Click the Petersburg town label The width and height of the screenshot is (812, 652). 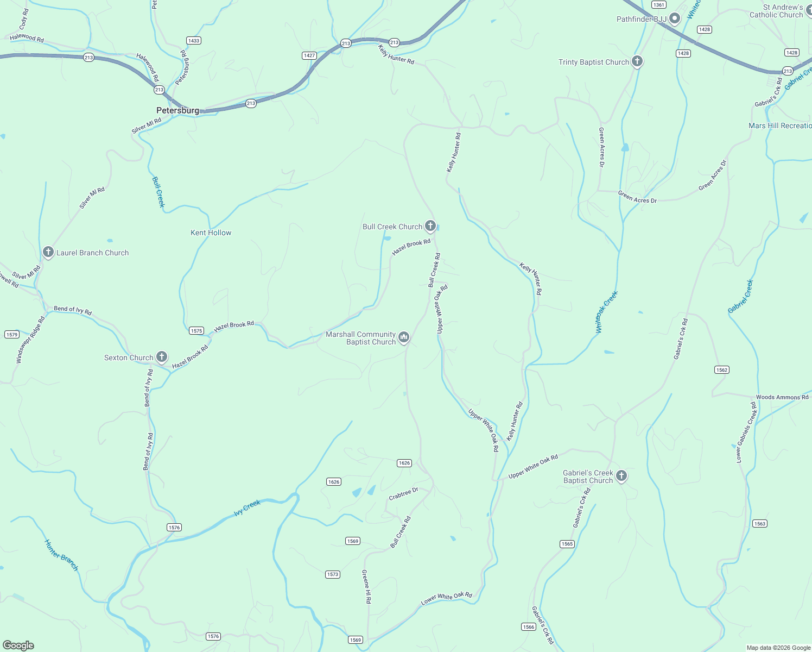click(177, 110)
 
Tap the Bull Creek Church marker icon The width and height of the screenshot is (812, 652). click(430, 226)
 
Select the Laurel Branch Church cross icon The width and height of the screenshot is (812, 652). click(48, 252)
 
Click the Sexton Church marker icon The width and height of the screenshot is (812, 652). click(162, 357)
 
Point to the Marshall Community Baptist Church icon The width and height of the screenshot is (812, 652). click(404, 337)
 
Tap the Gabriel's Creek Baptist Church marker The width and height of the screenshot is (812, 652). click(621, 476)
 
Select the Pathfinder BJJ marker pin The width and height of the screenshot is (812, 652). click(675, 19)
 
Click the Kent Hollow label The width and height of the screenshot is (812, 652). click(211, 233)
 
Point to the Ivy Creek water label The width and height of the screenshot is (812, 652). click(248, 507)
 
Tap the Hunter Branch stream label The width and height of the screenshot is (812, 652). click(61, 555)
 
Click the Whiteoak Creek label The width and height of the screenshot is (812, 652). click(606, 312)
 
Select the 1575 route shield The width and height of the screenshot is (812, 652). click(196, 330)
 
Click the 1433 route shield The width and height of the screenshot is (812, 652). click(193, 41)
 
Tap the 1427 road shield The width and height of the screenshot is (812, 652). click(309, 55)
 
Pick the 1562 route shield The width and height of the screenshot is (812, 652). click(721, 370)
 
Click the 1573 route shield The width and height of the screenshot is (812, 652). click(333, 574)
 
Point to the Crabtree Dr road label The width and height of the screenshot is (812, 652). click(403, 494)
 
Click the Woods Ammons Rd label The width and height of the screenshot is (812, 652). click(782, 397)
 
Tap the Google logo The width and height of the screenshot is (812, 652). click(18, 645)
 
